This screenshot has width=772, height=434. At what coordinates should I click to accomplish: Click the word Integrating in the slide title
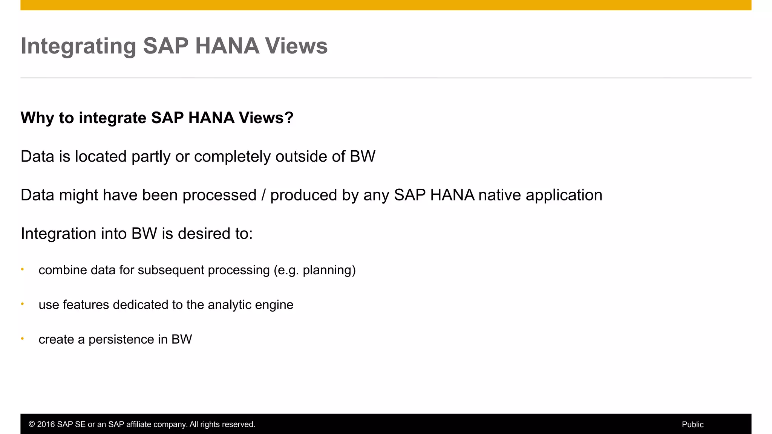click(78, 46)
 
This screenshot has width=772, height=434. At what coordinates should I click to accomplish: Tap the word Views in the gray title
click(296, 46)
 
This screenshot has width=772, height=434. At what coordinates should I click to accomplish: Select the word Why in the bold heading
click(37, 118)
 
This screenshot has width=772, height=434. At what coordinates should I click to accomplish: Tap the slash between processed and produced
click(263, 195)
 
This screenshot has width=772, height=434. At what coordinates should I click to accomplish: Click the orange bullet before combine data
click(23, 269)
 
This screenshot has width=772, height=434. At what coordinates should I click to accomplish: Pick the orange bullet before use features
click(23, 304)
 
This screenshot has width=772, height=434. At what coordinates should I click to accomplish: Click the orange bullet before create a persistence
click(23, 339)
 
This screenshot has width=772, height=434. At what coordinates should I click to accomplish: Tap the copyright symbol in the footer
click(32, 425)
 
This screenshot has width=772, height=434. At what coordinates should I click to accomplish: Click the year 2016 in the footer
click(46, 425)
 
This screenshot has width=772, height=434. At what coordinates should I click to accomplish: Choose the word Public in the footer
click(692, 425)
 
